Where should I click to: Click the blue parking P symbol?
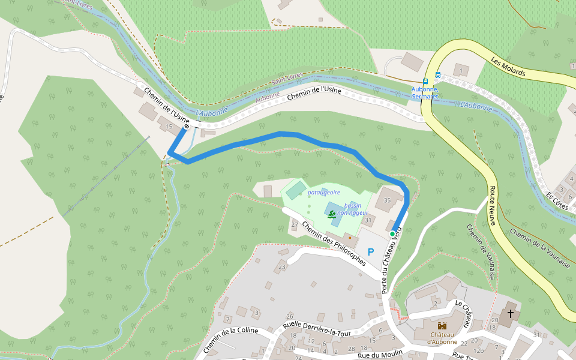[370, 252]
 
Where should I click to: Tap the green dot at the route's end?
[392, 233]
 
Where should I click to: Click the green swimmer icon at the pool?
[331, 214]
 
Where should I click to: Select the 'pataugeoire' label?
[324, 193]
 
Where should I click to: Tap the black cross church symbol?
[511, 313]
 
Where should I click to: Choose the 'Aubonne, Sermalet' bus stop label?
[425, 93]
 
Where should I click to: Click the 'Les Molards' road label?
[508, 67]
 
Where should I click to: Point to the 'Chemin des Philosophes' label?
[334, 244]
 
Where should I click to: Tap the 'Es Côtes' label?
[557, 200]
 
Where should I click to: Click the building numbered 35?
[387, 200]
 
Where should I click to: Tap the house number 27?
[295, 225]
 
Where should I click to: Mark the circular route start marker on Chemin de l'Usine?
[187, 126]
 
